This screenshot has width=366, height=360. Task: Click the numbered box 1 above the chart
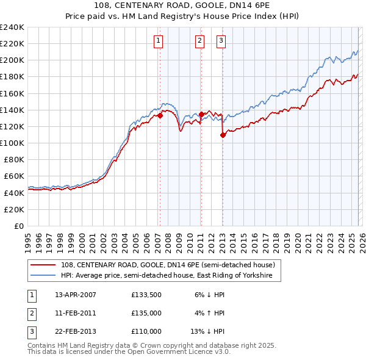click(x=158, y=41)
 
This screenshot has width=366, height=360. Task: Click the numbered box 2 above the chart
click(x=199, y=41)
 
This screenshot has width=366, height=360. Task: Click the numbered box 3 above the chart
click(x=221, y=41)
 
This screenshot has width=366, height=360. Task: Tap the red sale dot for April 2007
click(x=160, y=115)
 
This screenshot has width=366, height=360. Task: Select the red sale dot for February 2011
click(x=201, y=113)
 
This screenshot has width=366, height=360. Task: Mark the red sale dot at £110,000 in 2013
click(x=223, y=135)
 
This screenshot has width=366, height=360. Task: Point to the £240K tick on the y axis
click(x=12, y=27)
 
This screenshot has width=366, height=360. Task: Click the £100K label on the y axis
click(x=12, y=143)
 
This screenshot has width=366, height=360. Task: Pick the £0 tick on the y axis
click(x=20, y=226)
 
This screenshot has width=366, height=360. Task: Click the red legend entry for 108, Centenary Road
click(x=168, y=265)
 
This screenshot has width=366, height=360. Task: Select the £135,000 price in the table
click(x=146, y=313)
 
